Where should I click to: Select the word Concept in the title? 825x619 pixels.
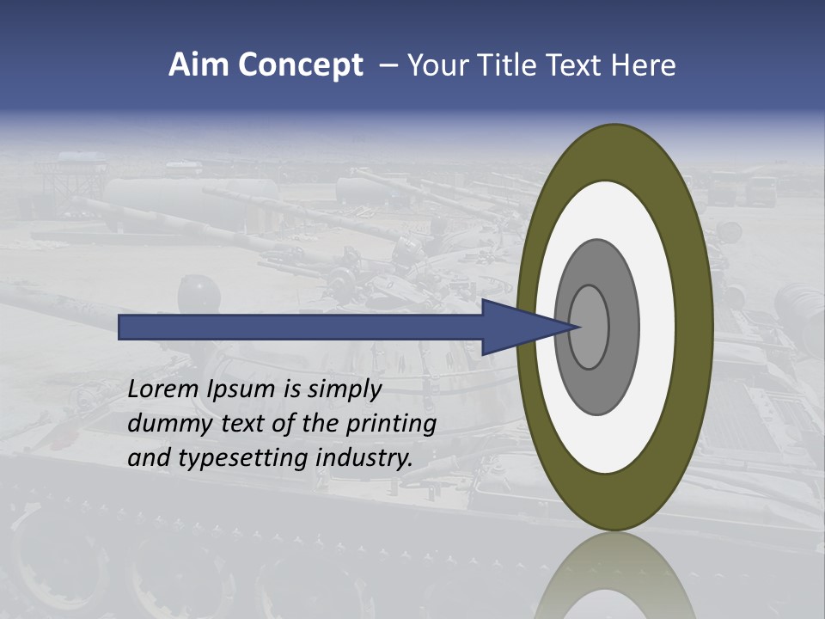300,65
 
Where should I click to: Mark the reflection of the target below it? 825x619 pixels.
615,576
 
